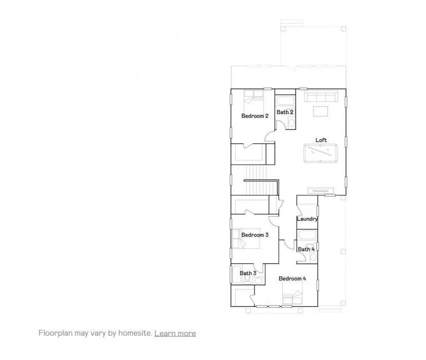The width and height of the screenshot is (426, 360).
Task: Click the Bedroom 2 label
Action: (255, 116)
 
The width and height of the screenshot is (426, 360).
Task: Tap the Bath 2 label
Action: (285, 112)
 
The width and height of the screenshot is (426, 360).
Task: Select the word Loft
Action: (321, 141)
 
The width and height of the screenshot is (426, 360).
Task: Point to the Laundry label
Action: (307, 219)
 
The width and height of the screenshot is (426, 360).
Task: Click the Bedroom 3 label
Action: (255, 235)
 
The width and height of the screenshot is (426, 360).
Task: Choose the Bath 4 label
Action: (306, 249)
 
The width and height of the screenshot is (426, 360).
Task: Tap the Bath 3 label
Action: (248, 273)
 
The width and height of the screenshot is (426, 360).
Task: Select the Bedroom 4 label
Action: (292, 279)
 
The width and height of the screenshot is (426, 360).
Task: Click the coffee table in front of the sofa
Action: (320, 111)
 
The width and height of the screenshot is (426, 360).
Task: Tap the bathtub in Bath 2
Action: (285, 101)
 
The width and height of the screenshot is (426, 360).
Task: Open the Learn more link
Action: (175, 333)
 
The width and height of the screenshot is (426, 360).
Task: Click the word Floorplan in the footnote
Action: (53, 333)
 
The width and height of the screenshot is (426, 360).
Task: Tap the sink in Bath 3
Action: (258, 281)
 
